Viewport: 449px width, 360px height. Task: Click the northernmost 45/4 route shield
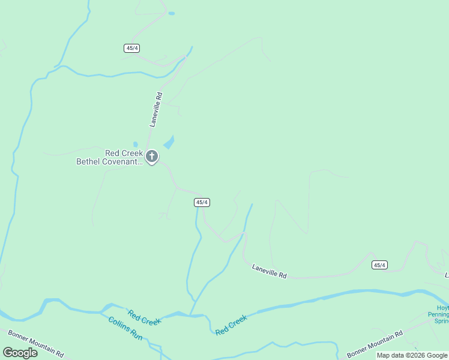133,47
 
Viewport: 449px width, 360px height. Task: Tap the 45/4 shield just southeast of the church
202,202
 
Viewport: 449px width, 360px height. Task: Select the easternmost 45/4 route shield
379,265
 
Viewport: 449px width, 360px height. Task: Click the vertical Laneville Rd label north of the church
156,109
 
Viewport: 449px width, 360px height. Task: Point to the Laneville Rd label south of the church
269,272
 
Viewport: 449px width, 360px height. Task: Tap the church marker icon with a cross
152,157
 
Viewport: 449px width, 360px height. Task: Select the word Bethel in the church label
89,161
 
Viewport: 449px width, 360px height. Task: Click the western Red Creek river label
144,317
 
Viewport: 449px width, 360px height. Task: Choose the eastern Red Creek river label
231,325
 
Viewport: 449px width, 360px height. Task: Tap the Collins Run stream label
125,328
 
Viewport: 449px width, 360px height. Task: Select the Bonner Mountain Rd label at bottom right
374,344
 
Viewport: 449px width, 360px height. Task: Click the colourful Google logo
20,353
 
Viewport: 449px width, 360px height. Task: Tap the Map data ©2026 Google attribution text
412,355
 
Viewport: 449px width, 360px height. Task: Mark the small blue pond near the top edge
172,13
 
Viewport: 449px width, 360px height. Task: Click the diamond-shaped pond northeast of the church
169,143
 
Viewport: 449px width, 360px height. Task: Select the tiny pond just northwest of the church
135,145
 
